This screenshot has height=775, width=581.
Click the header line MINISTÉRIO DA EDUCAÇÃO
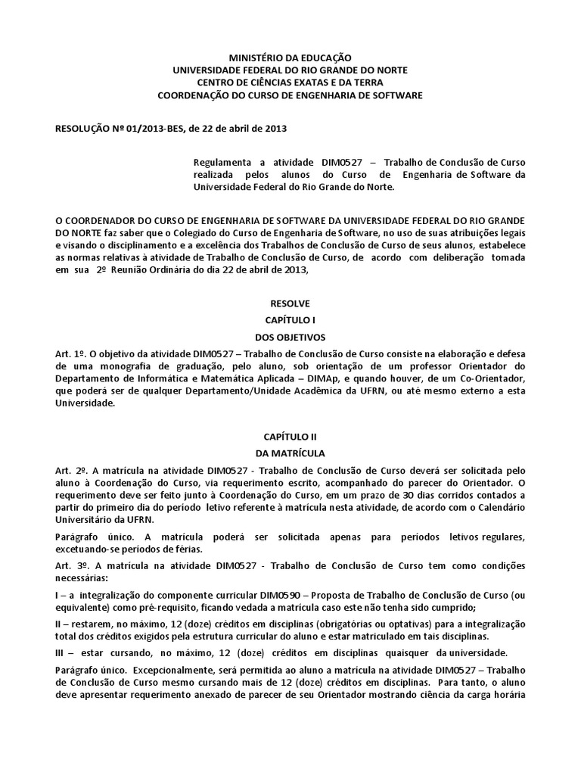pos(290,58)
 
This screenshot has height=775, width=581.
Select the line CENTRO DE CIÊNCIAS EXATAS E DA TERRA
pos(290,82)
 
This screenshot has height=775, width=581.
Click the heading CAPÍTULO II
pos(290,437)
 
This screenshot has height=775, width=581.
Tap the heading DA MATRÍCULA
pos(290,453)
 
